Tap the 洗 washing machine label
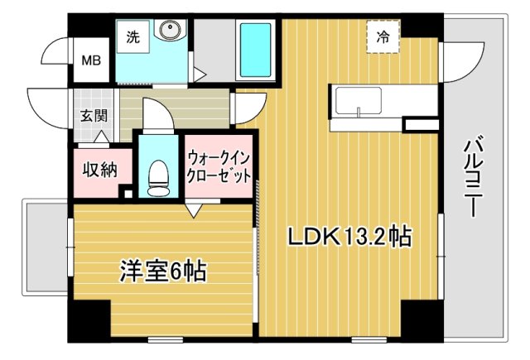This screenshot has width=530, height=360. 133,36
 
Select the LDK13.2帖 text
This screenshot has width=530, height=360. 349,238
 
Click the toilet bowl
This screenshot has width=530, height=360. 156,176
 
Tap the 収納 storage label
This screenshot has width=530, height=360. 99,170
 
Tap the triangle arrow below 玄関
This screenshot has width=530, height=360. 100,136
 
